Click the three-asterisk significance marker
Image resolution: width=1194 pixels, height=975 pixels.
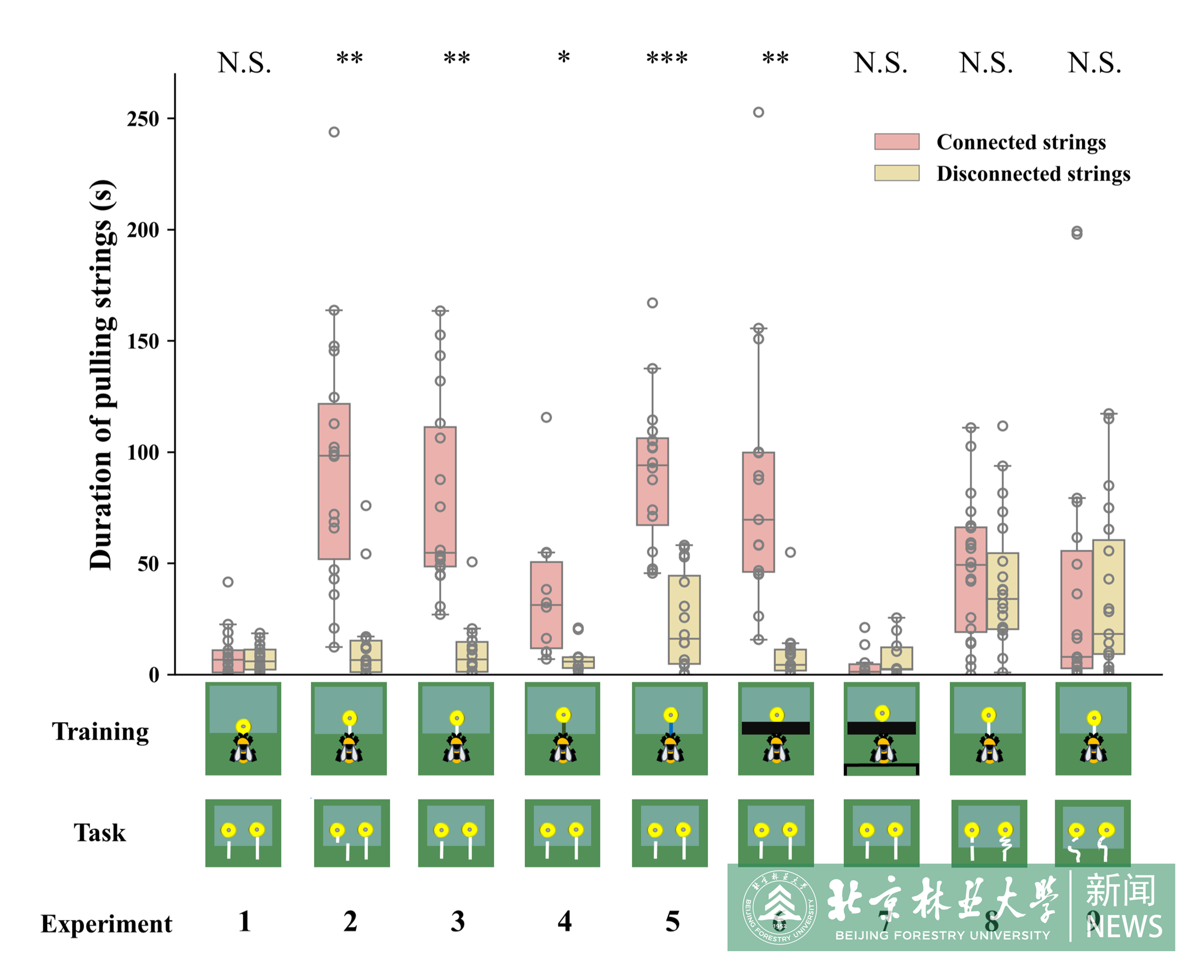tap(667, 58)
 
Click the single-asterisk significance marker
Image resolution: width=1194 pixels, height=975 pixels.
tap(564, 58)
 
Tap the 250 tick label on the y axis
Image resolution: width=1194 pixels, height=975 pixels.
tap(143, 119)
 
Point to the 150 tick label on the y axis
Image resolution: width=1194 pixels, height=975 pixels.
tap(143, 341)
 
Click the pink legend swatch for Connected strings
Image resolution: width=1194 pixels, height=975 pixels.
tap(897, 142)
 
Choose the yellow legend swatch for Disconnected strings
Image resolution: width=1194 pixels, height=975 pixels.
tap(897, 173)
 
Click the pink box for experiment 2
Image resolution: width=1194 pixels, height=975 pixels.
tap(334, 482)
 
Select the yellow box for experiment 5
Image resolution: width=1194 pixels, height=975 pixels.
tap(684, 619)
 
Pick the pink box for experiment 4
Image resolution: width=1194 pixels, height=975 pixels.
tap(546, 605)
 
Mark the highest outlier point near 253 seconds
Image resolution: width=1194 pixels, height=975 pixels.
tap(758, 112)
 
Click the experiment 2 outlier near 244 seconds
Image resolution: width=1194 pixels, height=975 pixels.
tap(334, 132)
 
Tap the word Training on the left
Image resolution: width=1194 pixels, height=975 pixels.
tap(100, 732)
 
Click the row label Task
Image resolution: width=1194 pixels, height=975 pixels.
tap(100, 833)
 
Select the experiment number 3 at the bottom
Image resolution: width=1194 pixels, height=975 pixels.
tap(458, 922)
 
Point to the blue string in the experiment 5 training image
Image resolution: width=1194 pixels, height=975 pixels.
tap(671, 729)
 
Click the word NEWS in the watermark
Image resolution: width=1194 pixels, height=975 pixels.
tap(1124, 926)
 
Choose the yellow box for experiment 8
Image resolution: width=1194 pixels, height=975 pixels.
tap(1002, 591)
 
